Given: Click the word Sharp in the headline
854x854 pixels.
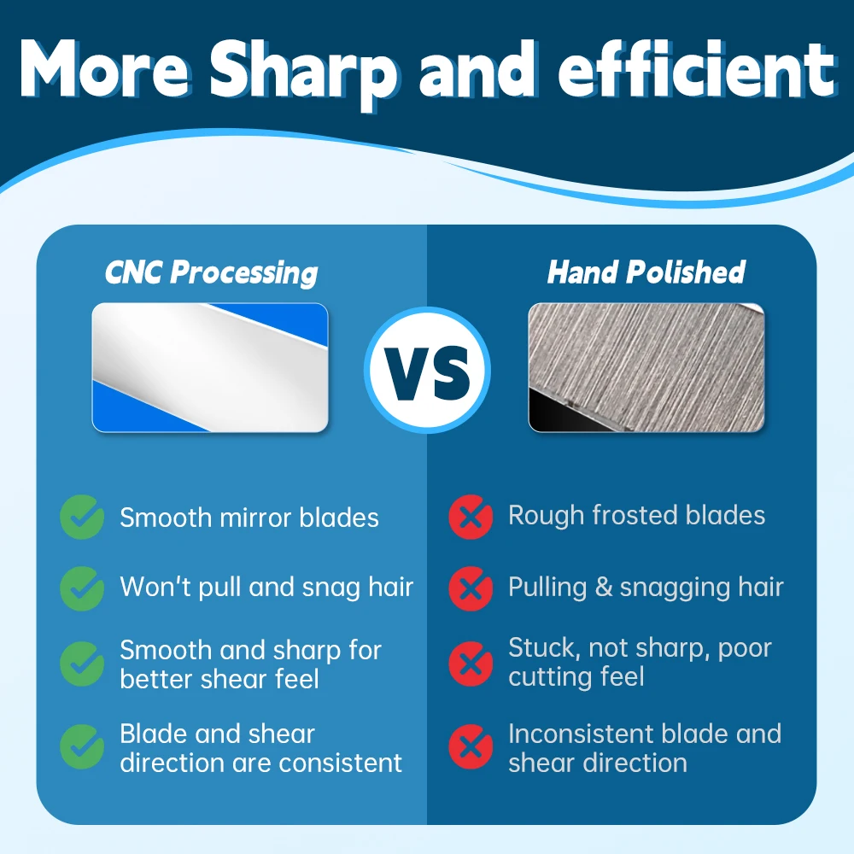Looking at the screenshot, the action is coord(304,73).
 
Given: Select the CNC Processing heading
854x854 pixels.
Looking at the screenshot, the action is coord(211,272).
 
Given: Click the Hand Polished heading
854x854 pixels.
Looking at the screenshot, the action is coord(646,272).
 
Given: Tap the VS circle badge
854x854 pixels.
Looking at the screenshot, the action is coord(428,371).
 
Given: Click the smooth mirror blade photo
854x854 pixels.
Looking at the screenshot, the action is coord(210,367).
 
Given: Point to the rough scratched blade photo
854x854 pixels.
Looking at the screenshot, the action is coord(646,367).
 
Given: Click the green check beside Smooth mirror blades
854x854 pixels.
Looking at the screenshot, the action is coord(82,517).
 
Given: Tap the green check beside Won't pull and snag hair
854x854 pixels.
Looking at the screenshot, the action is coord(82,588).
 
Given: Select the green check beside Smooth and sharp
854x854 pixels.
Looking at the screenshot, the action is coord(82,664).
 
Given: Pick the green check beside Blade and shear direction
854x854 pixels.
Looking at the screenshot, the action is coord(82,746).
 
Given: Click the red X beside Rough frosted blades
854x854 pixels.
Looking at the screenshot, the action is coord(471,517).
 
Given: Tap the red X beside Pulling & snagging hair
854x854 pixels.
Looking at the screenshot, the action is coord(471,588).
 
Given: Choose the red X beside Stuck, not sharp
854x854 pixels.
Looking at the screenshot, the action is coord(471,664).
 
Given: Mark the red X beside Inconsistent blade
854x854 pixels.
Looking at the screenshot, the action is coord(471,746).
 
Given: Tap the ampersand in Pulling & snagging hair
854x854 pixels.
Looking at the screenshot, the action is coord(604,588).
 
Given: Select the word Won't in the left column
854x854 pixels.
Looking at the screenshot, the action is coord(155,588).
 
